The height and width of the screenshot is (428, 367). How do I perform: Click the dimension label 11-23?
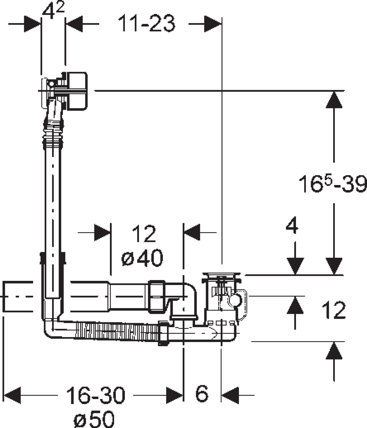pyautogui.click(x=147, y=23)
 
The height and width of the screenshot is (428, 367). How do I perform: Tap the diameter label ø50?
pyautogui.click(x=94, y=418)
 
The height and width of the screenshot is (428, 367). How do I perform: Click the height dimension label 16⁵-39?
pyautogui.click(x=333, y=184)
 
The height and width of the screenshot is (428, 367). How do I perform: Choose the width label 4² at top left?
pyautogui.click(x=53, y=10)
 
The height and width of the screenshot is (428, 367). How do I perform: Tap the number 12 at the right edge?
pyautogui.click(x=334, y=310)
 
